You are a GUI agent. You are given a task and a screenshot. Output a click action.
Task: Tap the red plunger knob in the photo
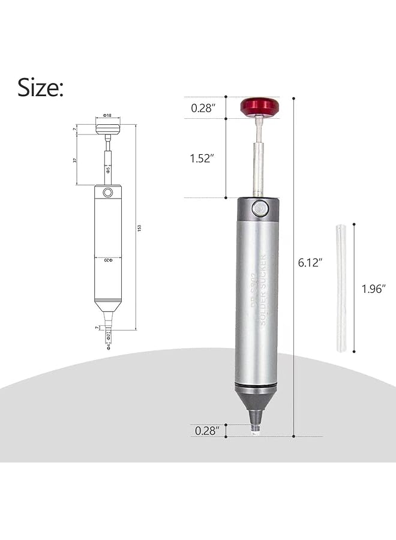click(259, 107)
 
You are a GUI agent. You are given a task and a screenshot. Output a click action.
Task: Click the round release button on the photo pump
click(259, 208)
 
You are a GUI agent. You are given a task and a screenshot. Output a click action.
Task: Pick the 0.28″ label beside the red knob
click(202, 108)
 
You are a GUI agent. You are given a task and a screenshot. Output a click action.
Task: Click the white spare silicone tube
click(341, 287)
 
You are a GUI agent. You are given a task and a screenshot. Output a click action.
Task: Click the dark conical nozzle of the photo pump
click(256, 404)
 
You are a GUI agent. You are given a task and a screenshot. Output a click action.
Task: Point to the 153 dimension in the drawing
click(139, 228)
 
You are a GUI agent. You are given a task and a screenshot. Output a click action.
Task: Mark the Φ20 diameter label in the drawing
click(107, 260)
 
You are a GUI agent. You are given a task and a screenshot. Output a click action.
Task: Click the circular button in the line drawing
click(107, 192)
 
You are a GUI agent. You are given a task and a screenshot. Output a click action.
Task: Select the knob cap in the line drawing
click(107, 128)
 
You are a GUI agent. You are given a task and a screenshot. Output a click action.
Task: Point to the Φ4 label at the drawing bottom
click(108, 346)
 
